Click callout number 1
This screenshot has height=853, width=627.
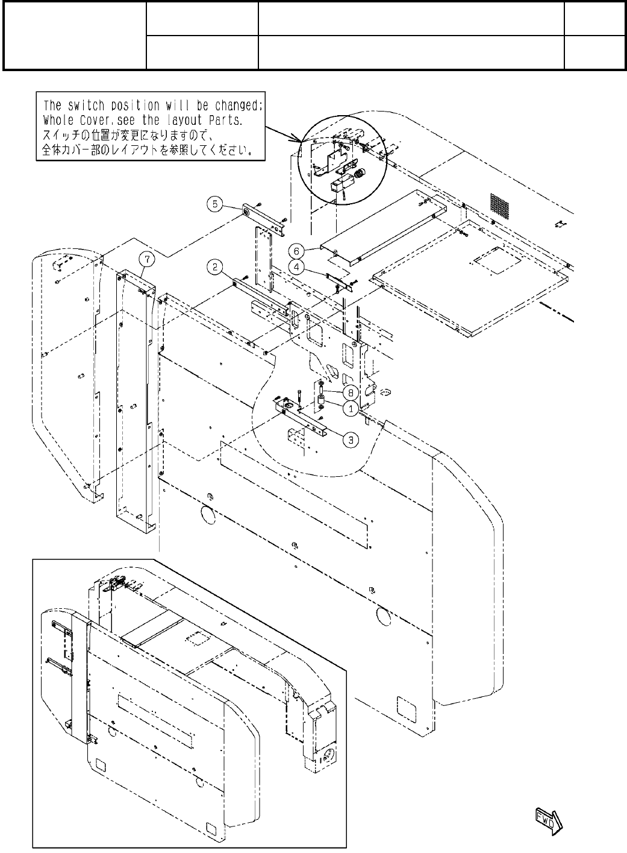pyautogui.click(x=349, y=408)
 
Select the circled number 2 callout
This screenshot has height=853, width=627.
pyautogui.click(x=215, y=266)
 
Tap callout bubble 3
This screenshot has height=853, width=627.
pyautogui.click(x=349, y=439)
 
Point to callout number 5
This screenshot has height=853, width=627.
pyautogui.click(x=215, y=204)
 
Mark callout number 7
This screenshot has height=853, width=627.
pyautogui.click(x=148, y=260)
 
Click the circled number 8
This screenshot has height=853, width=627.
pyautogui.click(x=349, y=392)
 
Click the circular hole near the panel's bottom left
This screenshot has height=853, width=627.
pyautogui.click(x=205, y=514)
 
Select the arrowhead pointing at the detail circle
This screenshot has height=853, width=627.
pyautogui.click(x=297, y=139)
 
